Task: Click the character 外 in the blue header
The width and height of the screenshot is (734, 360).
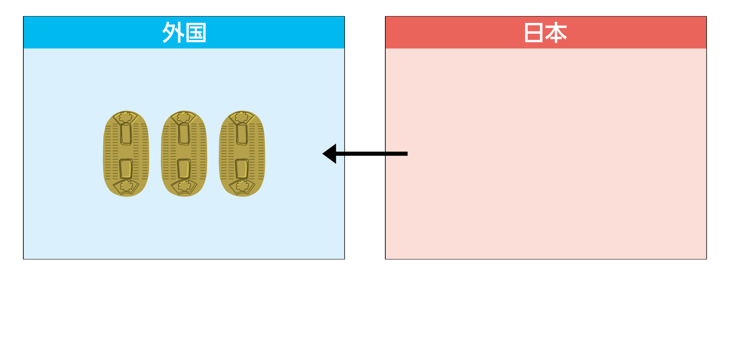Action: click(x=173, y=33)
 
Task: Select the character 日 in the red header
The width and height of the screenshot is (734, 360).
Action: click(x=534, y=33)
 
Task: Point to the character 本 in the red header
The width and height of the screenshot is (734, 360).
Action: click(x=557, y=33)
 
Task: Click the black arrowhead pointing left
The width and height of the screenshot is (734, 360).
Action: click(x=330, y=154)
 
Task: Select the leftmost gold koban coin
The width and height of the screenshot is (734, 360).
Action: click(x=126, y=154)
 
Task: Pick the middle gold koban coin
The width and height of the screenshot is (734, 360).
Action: click(x=184, y=154)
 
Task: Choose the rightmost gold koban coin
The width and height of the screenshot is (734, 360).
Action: click(x=242, y=154)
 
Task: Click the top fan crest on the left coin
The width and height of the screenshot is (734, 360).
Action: click(x=126, y=118)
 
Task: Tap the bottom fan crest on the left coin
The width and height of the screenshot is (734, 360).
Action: click(x=126, y=187)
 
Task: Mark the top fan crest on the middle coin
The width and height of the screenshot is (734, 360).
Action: click(x=184, y=118)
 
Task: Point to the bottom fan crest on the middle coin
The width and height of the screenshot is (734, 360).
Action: click(x=184, y=187)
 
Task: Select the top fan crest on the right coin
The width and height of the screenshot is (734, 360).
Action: click(x=242, y=118)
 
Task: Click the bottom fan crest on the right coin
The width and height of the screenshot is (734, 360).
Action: click(x=242, y=187)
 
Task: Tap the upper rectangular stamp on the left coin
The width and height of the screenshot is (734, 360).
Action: click(x=126, y=134)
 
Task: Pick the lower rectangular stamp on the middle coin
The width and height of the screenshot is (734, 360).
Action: click(x=184, y=169)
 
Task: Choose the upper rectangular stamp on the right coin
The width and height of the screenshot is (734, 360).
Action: click(x=242, y=134)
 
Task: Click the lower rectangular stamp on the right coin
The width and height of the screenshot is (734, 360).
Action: click(x=242, y=169)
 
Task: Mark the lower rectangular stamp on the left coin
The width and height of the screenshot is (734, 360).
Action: click(x=126, y=169)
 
